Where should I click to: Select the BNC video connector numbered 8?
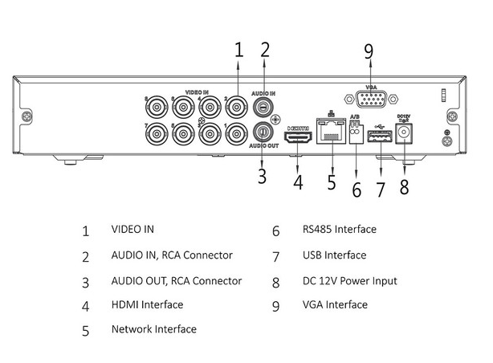(157, 108)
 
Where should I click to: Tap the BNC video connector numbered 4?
(210, 108)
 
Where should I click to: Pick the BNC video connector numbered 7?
(157, 134)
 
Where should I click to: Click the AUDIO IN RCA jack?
(263, 107)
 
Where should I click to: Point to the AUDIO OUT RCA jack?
(263, 133)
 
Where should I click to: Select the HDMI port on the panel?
(299, 137)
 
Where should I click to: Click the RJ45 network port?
(332, 131)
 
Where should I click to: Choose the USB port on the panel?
(380, 136)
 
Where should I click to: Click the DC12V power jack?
(404, 133)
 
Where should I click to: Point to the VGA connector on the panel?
(371, 100)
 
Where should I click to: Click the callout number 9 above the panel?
(369, 51)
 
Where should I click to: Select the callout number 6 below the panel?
(357, 190)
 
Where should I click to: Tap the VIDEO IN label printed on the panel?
(197, 92)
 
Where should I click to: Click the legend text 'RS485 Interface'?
(340, 229)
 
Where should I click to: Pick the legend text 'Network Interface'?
(154, 329)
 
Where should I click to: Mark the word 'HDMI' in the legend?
(125, 304)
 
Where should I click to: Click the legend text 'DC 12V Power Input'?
(349, 280)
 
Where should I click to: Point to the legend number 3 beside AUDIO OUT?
(86, 283)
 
